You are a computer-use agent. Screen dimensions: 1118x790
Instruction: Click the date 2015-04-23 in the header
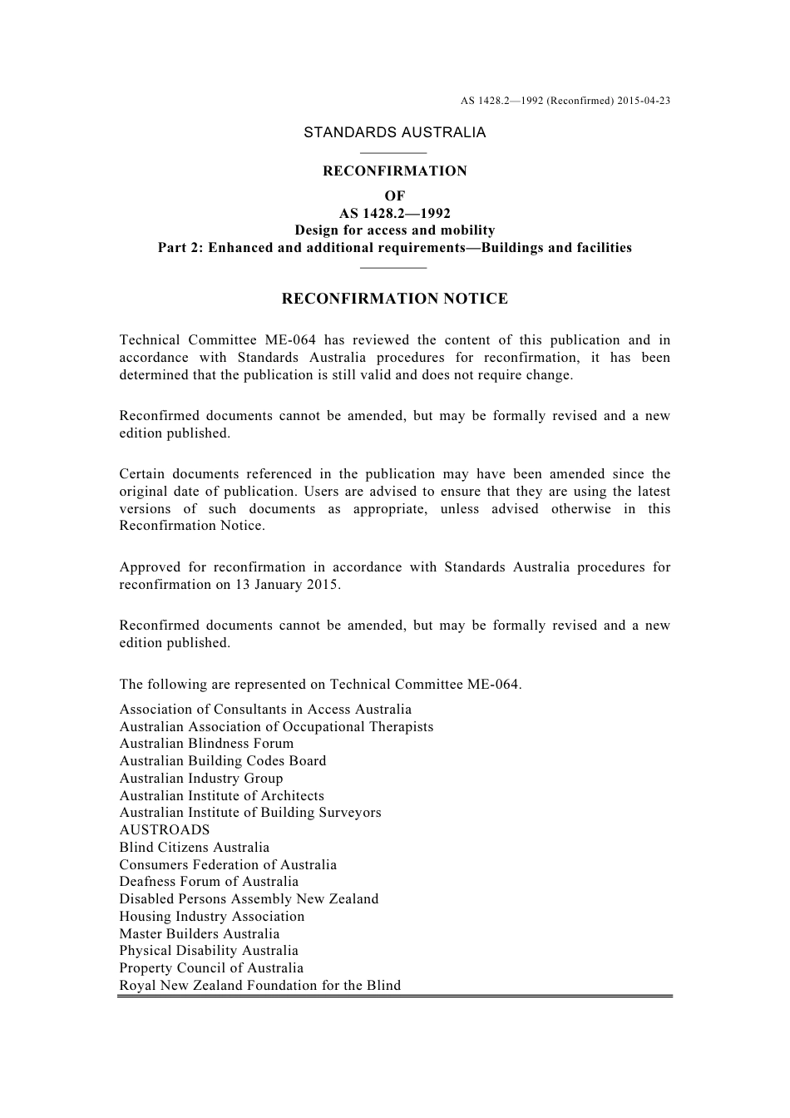(x=644, y=101)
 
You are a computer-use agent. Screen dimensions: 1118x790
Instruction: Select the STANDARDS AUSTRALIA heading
(x=395, y=132)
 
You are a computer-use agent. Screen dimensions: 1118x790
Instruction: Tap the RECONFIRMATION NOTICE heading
(x=395, y=299)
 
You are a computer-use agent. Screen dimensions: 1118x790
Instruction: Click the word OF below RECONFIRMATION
(x=395, y=196)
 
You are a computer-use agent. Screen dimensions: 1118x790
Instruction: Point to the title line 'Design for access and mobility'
(x=395, y=230)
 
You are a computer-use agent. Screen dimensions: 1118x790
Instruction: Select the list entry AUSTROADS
(x=165, y=830)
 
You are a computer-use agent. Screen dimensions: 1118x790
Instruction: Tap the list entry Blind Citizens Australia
(x=195, y=848)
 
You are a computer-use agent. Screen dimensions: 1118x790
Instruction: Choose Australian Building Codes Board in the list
(x=223, y=761)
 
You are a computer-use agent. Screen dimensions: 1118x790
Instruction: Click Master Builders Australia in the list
(x=200, y=934)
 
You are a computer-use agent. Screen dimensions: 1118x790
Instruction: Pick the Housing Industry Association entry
(x=212, y=917)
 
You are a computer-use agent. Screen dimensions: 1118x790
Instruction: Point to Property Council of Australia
(x=211, y=968)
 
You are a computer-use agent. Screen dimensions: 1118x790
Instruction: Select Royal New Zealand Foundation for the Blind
(x=260, y=986)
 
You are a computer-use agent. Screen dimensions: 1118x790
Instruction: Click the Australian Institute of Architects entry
(x=222, y=796)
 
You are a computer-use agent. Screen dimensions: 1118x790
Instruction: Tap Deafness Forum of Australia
(x=209, y=882)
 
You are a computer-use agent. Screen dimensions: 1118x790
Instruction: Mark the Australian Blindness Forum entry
(x=206, y=744)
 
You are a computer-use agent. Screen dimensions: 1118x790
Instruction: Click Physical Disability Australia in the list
(x=209, y=951)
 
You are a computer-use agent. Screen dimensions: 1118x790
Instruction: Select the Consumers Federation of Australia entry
(x=228, y=865)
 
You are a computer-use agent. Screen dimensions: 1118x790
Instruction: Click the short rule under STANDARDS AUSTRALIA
(x=394, y=153)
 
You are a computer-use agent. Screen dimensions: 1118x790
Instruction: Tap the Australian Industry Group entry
(x=201, y=779)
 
